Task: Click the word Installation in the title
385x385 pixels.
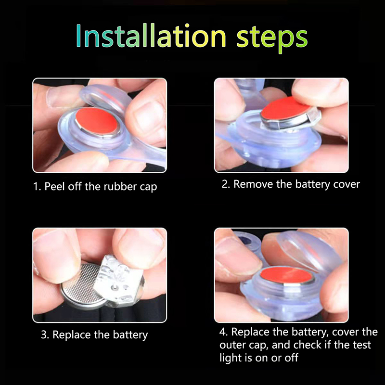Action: tap(151, 35)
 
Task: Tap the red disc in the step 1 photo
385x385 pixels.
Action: tap(97, 121)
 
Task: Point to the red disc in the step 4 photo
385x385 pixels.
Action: tap(285, 275)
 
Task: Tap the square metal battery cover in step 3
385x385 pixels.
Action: tap(118, 281)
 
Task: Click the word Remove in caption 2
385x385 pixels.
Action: tap(253, 184)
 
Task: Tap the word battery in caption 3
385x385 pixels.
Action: tap(130, 335)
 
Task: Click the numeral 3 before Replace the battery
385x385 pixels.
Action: tap(44, 335)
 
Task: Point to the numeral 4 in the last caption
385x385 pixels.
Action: tap(222, 332)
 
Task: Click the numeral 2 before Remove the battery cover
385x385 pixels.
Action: tap(225, 184)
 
